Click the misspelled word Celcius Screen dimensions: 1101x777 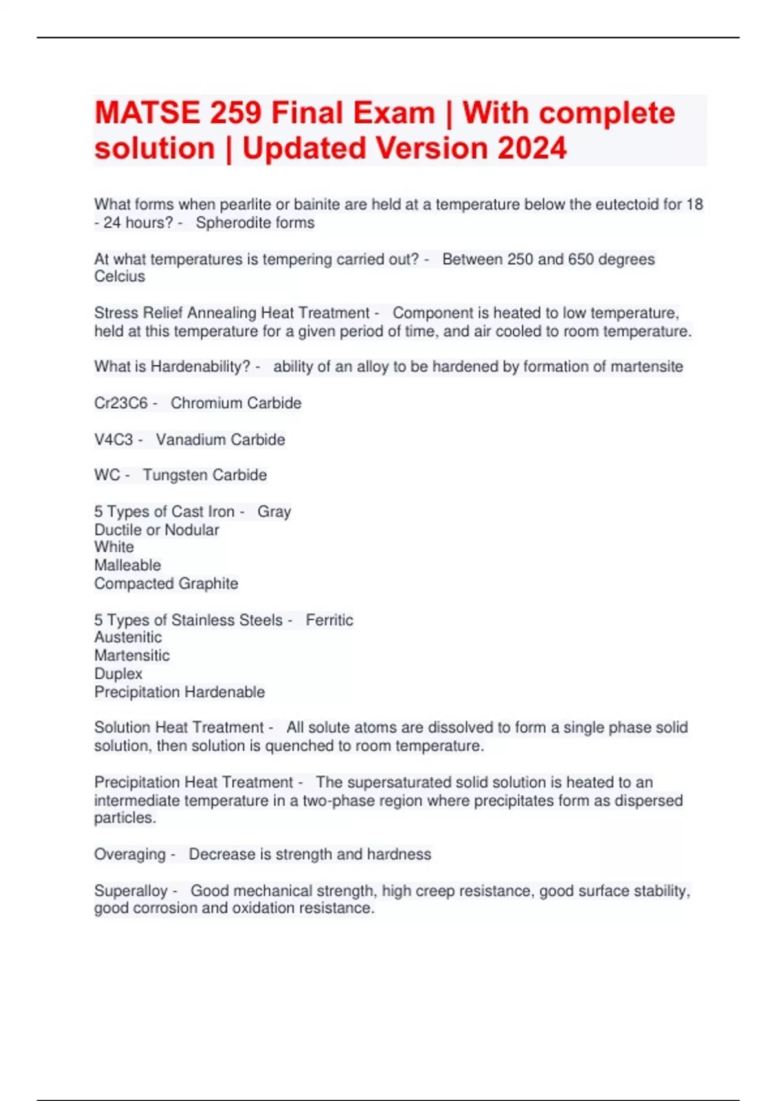(120, 277)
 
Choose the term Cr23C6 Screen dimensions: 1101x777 (121, 403)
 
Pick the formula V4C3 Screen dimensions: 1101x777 (113, 440)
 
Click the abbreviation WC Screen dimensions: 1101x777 (107, 475)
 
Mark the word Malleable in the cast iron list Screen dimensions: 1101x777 (128, 565)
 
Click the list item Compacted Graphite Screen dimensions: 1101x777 (166, 584)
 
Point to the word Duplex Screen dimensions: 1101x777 (118, 674)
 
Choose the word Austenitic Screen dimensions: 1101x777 (128, 637)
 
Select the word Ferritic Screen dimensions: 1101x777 (330, 620)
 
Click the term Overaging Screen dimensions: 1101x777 (130, 854)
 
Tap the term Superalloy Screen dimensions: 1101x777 (131, 891)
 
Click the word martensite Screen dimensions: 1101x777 (647, 367)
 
